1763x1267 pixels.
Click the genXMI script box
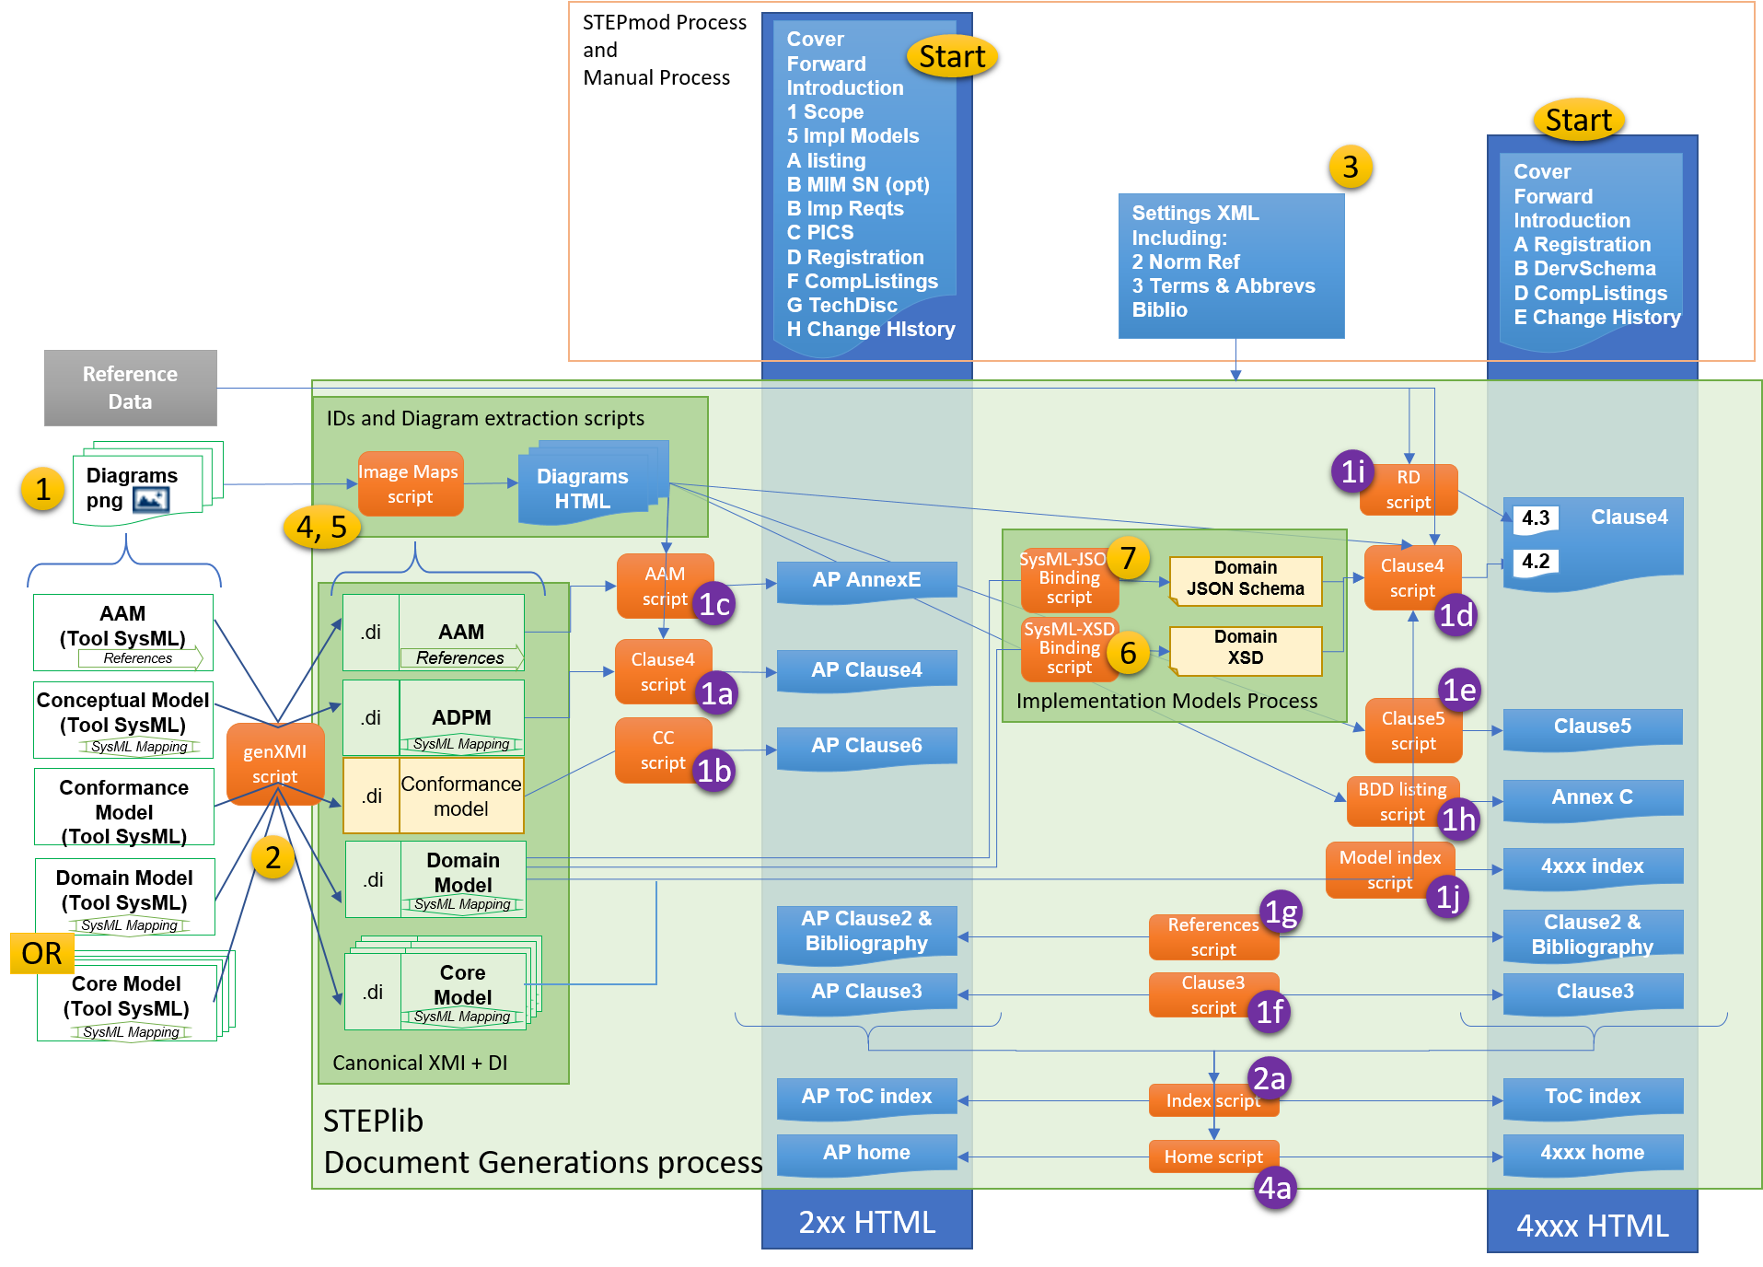tap(274, 763)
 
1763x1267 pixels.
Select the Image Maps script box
tap(410, 483)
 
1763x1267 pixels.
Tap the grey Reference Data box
tap(130, 388)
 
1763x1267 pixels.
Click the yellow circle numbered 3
tap(1350, 167)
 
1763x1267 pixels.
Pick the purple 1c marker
tap(714, 604)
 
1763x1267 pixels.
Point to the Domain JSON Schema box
tap(1245, 579)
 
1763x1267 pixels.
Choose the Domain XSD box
tap(1245, 648)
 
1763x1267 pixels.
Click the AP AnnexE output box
tap(866, 580)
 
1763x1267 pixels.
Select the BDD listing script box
tap(1401, 801)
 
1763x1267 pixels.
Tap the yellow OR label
tap(41, 953)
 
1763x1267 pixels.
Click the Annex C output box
tap(1592, 797)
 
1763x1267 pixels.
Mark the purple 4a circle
tap(1274, 1188)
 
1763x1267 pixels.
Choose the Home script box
tap(1212, 1157)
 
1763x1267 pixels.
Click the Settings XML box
tap(1230, 263)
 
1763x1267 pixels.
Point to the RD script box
tap(1408, 489)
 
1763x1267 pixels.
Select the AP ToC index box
tap(866, 1097)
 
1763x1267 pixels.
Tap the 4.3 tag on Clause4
tap(1535, 517)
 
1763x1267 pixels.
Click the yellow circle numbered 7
tap(1128, 557)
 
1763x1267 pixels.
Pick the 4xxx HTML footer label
tap(1592, 1226)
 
